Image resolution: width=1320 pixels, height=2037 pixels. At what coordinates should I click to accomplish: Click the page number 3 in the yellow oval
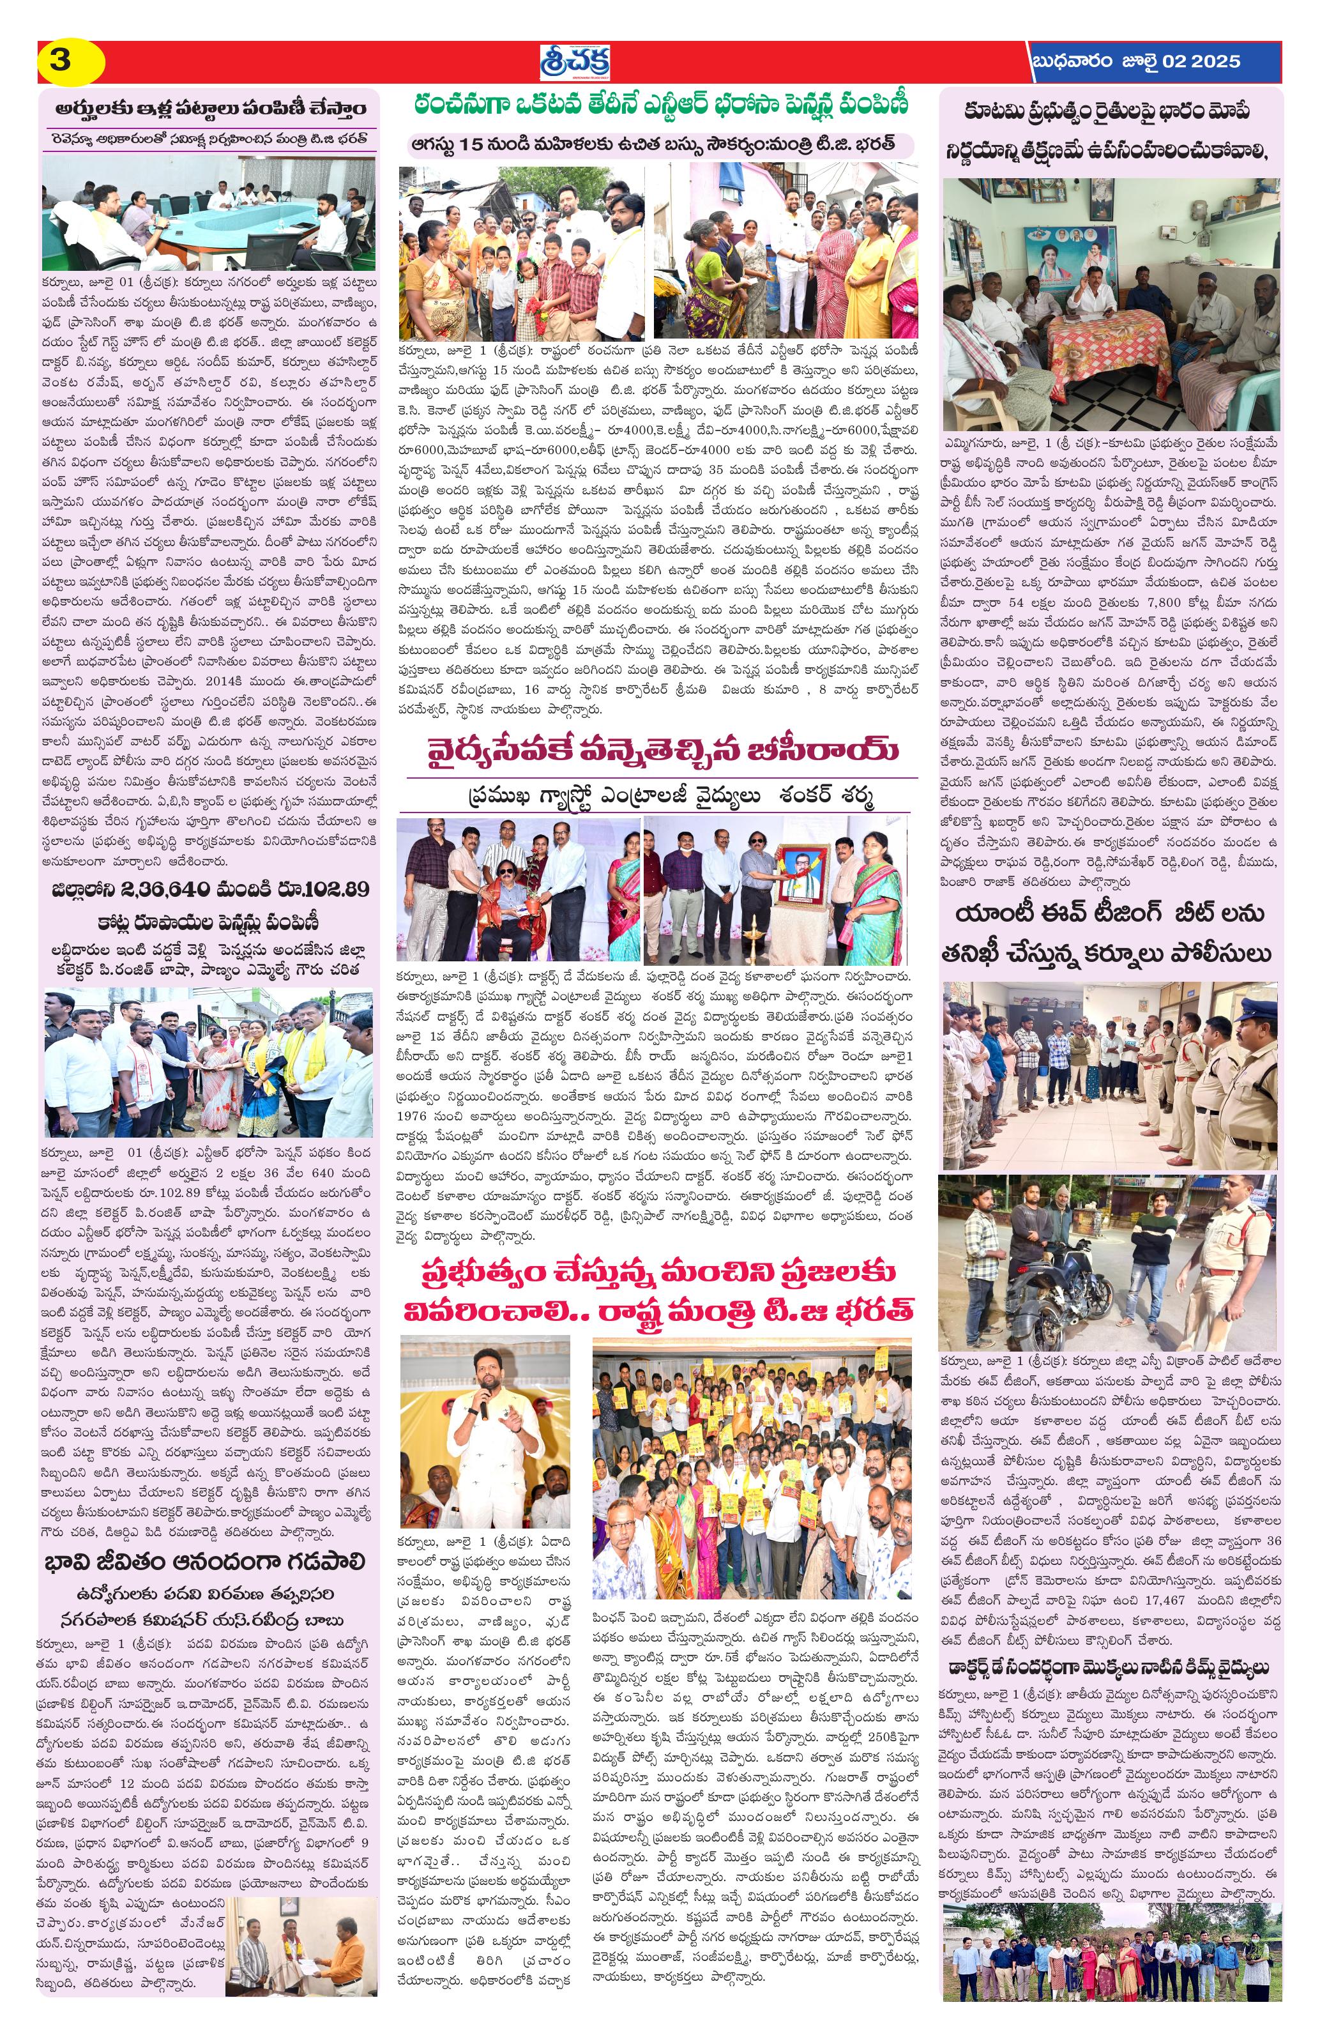point(60,61)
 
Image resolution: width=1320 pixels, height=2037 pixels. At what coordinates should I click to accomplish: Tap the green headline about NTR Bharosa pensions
point(660,107)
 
